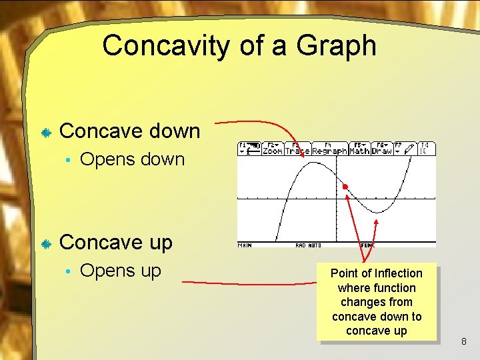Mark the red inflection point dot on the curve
point(345,187)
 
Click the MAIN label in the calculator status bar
point(245,245)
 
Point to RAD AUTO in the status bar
point(309,245)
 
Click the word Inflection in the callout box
point(398,273)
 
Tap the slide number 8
point(464,343)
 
